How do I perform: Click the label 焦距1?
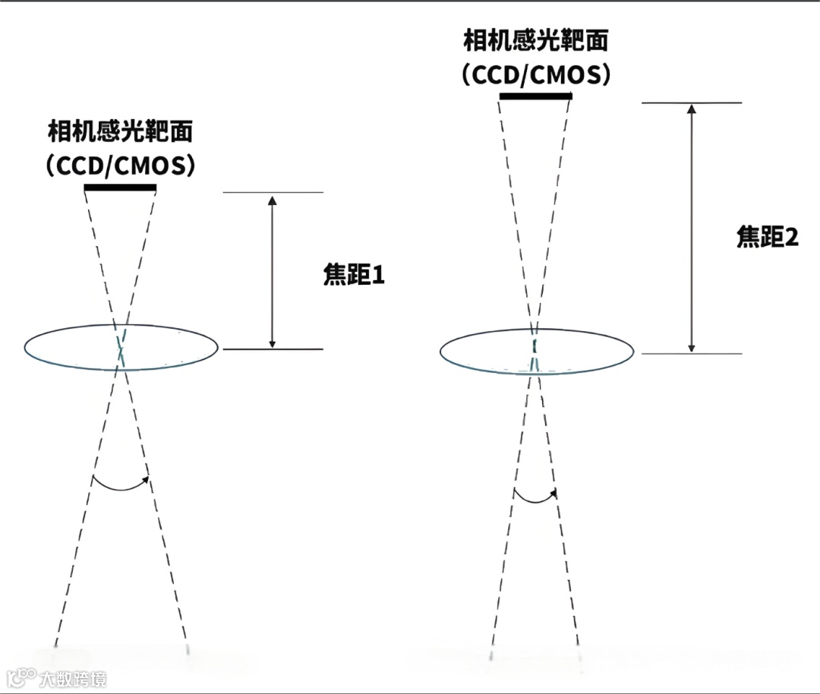(354, 275)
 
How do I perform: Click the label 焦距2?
(768, 237)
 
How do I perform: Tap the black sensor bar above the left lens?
(120, 188)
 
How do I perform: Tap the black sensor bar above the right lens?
(535, 96)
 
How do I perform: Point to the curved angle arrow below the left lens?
(121, 484)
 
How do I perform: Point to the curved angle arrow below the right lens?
(535, 498)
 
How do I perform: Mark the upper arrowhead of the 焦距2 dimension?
(691, 109)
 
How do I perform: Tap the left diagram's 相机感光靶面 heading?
(120, 132)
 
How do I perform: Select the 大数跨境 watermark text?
(74, 677)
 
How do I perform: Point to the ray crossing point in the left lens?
(121, 351)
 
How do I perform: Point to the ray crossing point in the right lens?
(535, 348)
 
